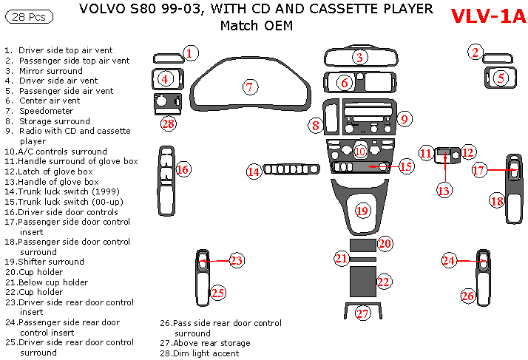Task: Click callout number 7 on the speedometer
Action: point(250,87)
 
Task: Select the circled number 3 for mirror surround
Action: point(359,57)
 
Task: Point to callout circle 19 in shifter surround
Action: point(362,211)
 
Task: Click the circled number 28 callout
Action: point(169,123)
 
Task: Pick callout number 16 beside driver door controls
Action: point(183,170)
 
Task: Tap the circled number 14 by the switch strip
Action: point(254,171)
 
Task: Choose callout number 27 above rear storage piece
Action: point(362,313)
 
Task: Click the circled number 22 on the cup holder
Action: point(383,281)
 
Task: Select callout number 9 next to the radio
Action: point(404,118)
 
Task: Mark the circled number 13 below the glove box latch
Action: point(444,191)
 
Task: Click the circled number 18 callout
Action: point(497,200)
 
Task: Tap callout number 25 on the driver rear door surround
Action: point(217,293)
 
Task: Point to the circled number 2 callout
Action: point(476,52)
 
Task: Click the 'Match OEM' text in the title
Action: point(256,26)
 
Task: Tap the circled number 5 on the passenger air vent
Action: point(501,76)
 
